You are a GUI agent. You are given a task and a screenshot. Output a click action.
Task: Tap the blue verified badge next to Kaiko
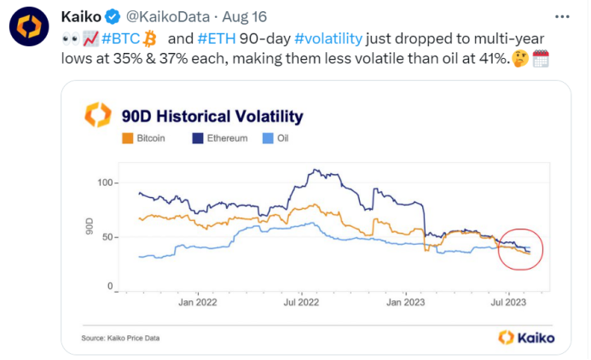(112, 16)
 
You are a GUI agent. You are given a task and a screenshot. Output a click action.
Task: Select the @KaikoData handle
(164, 16)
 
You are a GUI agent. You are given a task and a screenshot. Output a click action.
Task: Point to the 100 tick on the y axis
(103, 183)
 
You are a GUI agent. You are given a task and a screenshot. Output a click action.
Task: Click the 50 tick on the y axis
(107, 235)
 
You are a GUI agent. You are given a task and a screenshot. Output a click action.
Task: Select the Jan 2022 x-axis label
(197, 301)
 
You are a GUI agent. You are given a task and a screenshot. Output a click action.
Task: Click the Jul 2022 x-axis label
(301, 301)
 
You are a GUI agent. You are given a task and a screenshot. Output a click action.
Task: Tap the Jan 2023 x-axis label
(405, 301)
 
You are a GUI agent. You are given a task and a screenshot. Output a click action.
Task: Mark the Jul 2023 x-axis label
(508, 301)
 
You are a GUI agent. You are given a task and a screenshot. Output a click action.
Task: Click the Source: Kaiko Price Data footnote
(120, 338)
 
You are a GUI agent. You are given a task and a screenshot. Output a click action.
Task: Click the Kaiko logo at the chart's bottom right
(525, 337)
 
